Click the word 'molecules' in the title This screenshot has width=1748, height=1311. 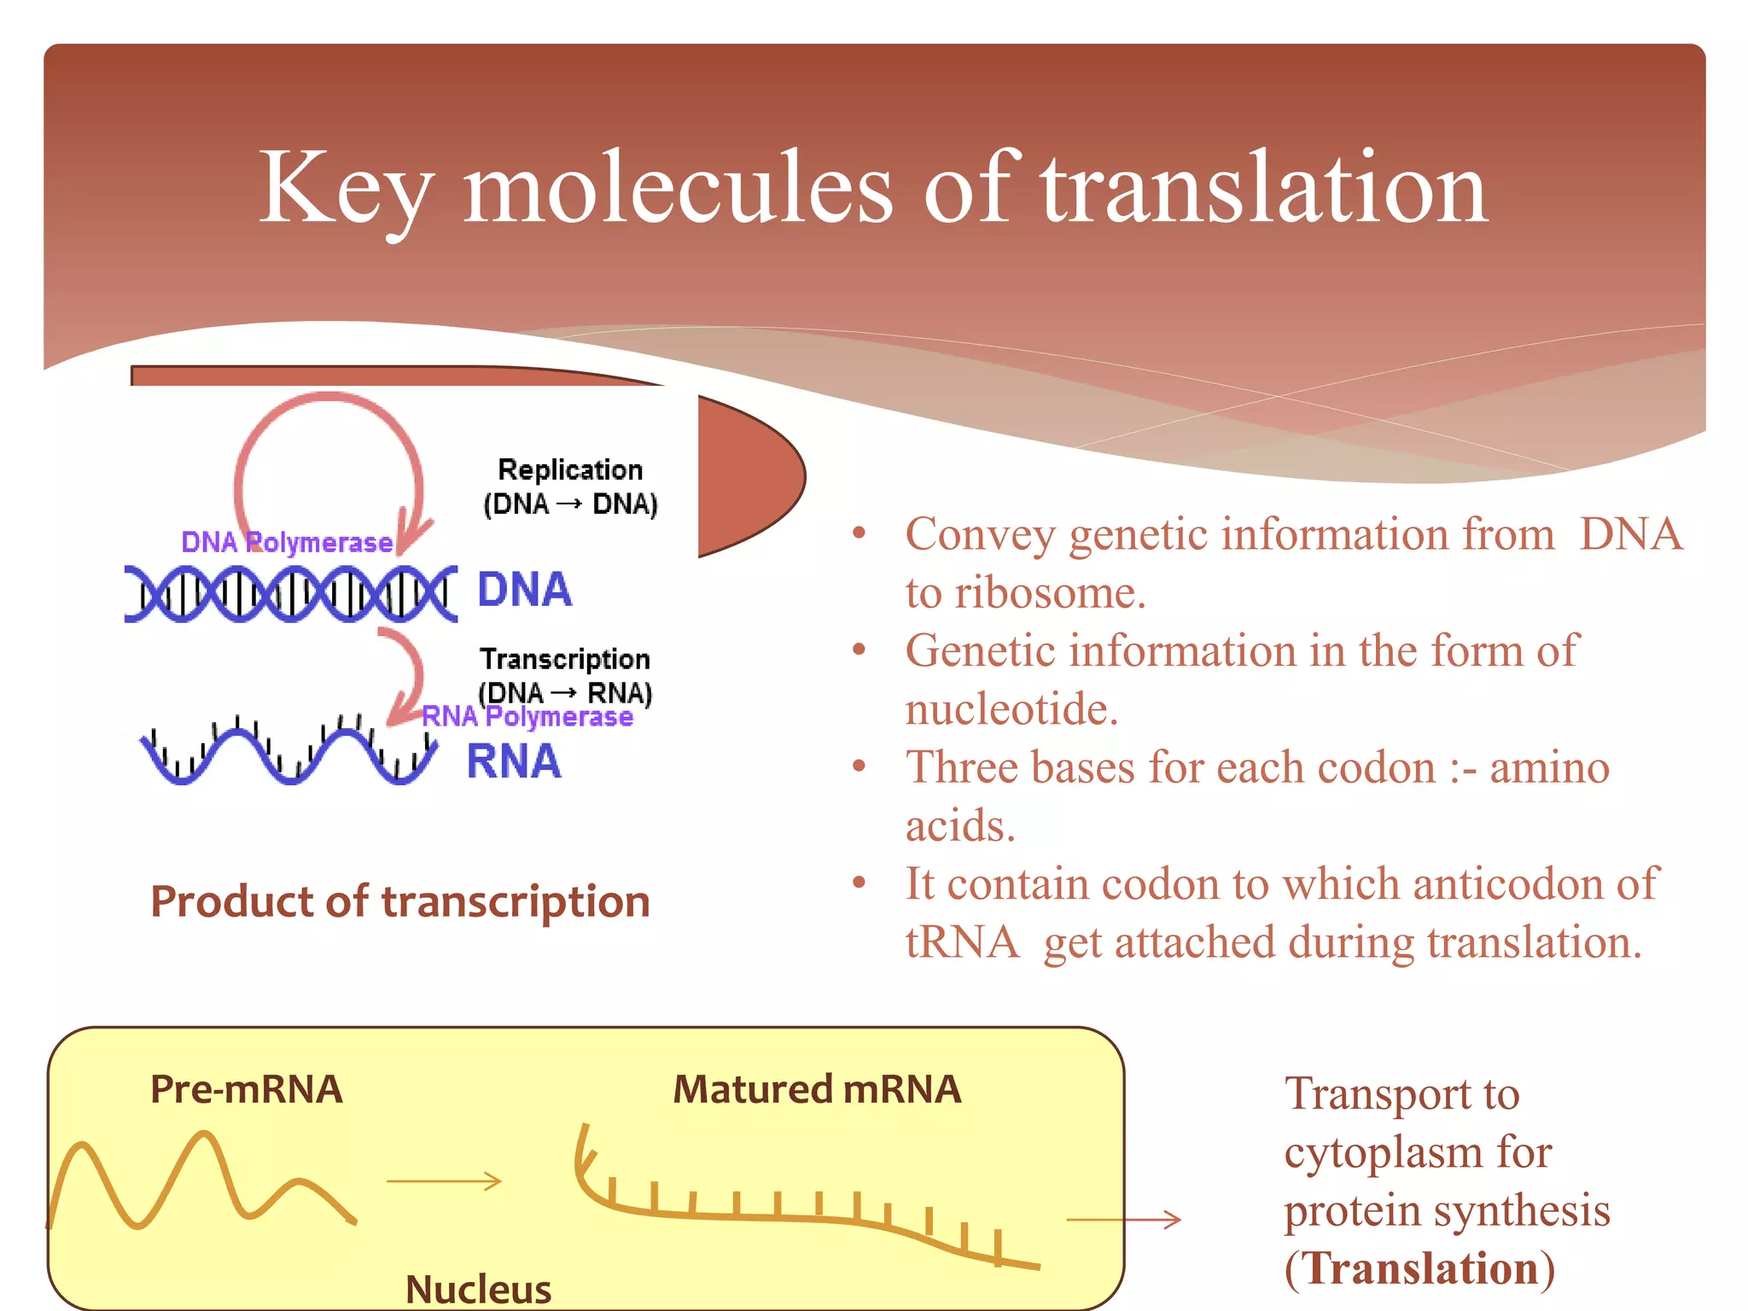coord(678,189)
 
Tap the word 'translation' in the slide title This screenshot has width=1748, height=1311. coord(1263,189)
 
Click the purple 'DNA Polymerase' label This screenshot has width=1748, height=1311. coord(287,542)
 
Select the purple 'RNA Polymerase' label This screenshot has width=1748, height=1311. coord(527,717)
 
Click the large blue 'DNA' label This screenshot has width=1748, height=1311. coord(524,590)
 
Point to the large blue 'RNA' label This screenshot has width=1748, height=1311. coord(514,761)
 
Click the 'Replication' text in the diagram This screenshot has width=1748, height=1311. coord(570,469)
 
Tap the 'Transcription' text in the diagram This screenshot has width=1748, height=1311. coord(565,659)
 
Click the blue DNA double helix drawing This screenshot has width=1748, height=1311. coord(290,592)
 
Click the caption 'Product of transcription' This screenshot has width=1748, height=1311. coord(400,902)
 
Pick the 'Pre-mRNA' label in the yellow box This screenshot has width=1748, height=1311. coord(247,1090)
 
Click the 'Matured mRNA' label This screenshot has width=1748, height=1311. coord(817,1090)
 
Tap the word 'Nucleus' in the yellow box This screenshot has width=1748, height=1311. coord(478,1289)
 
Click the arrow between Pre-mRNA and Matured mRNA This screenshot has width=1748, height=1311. coord(444,1181)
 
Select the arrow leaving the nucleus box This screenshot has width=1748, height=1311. coord(1123,1220)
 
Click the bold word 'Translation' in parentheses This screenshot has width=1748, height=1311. coord(1420,1268)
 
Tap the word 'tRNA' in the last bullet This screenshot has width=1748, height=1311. coord(962,943)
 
